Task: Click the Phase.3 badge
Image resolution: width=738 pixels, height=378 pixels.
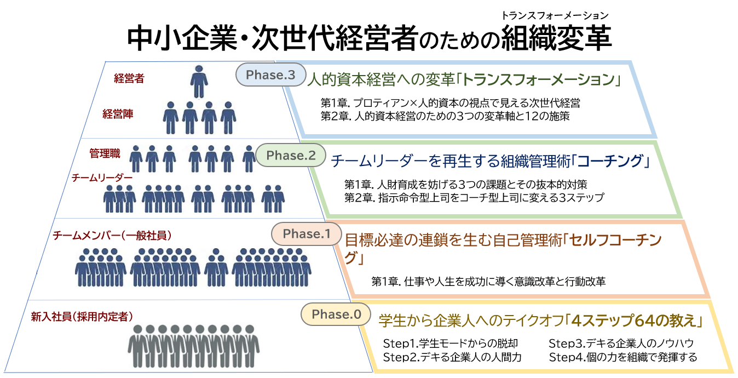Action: [x=270, y=75]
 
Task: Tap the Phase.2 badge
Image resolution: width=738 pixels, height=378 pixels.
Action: [x=291, y=155]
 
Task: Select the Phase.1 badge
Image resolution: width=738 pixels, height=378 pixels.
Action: [x=307, y=234]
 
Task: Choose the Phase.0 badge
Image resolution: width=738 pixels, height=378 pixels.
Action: [x=336, y=314]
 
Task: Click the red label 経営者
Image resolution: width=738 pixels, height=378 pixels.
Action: [x=129, y=78]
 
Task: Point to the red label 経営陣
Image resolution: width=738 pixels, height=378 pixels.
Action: [x=118, y=114]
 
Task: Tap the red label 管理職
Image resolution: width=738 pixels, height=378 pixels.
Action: [x=105, y=153]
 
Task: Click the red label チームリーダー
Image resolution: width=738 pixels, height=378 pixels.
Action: [x=102, y=178]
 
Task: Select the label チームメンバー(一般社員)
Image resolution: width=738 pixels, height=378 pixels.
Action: [x=112, y=236]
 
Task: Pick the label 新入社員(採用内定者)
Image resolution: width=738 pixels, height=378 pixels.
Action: [x=82, y=317]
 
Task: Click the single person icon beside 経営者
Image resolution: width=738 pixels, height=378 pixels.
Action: [x=199, y=82]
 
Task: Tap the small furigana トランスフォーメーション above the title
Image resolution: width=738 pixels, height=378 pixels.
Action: [x=555, y=15]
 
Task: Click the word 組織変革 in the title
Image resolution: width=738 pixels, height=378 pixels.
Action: [x=556, y=38]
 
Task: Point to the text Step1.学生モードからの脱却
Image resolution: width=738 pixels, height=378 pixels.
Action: [x=451, y=343]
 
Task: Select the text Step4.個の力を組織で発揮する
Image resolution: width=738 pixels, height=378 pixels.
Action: [x=623, y=357]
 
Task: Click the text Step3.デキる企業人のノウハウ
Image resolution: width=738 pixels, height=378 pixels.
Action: [x=621, y=343]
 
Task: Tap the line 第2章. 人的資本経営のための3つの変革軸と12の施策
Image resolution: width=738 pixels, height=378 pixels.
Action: [x=445, y=116]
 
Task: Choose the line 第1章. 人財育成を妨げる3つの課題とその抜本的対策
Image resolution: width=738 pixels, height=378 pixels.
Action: [x=466, y=185]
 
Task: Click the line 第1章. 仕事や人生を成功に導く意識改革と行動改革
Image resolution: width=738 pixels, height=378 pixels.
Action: [x=488, y=282]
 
